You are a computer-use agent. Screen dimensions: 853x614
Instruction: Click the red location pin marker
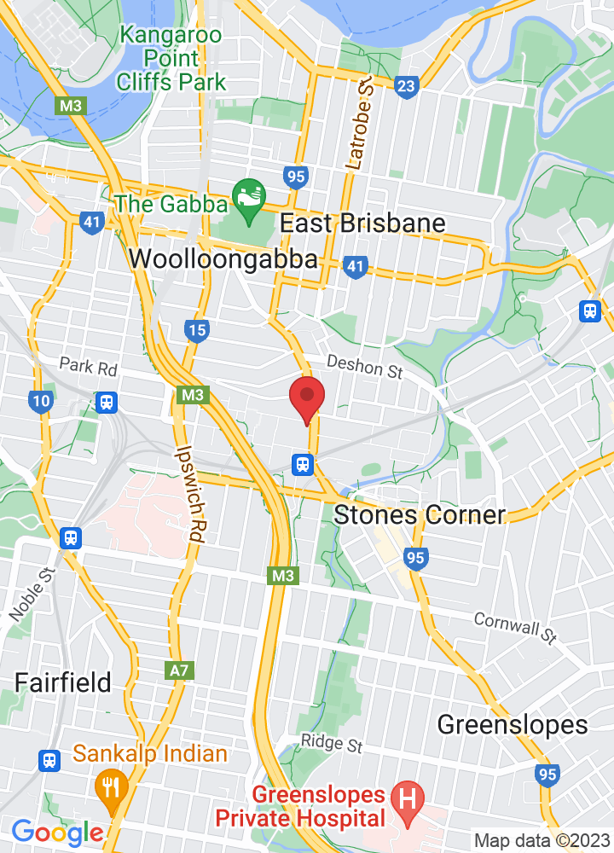307,397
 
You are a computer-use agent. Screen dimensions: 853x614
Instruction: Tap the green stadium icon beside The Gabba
249,203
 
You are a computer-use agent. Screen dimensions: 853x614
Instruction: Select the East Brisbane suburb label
362,223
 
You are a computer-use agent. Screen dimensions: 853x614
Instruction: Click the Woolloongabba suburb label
224,259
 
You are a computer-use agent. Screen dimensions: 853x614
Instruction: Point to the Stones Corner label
420,515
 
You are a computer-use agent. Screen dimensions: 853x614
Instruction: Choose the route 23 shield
408,85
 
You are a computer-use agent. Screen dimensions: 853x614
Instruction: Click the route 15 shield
197,330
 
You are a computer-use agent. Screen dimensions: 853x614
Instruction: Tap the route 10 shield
40,400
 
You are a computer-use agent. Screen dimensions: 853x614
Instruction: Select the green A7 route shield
179,670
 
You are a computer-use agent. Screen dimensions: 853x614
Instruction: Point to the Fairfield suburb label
62,682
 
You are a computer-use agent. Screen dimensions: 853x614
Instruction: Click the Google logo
57,833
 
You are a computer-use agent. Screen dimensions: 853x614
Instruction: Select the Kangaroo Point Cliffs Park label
172,59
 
